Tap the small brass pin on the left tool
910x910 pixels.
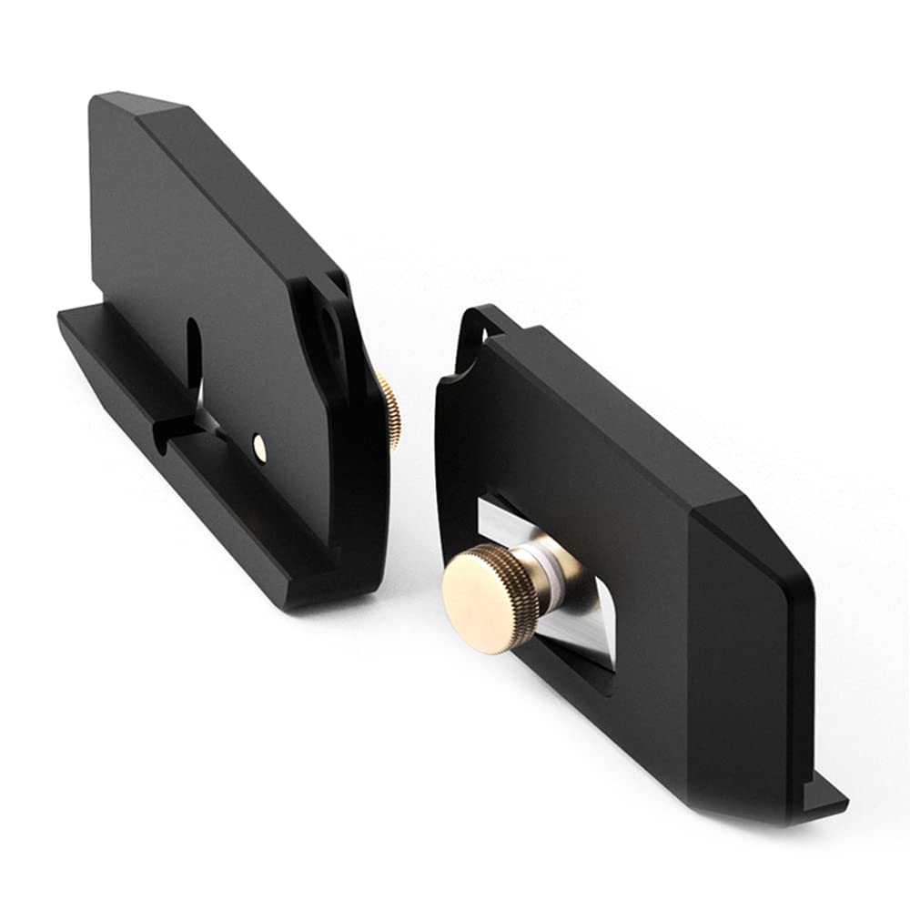click(259, 443)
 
